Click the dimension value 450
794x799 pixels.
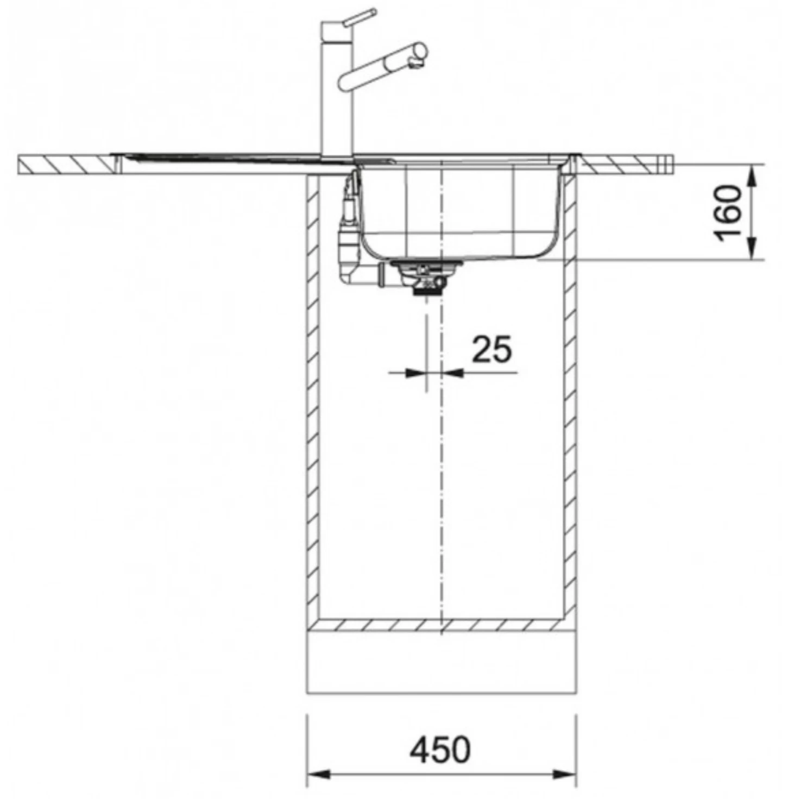click(440, 750)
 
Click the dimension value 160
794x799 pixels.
click(728, 213)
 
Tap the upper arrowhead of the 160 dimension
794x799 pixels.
click(753, 176)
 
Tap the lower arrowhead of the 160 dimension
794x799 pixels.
click(753, 249)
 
